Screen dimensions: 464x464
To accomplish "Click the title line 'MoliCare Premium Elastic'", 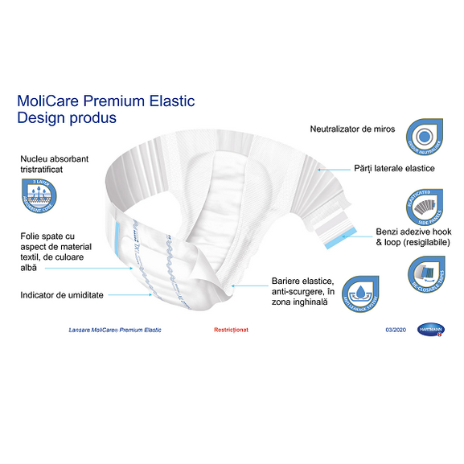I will tap(105, 102).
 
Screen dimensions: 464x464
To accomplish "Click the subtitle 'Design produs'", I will tap(67, 118).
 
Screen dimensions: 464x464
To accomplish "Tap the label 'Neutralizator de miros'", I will tap(353, 129).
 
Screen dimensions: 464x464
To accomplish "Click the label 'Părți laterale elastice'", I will tap(395, 168).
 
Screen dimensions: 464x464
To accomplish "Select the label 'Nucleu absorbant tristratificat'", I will tap(55, 165).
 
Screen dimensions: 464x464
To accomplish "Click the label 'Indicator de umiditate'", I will tap(62, 295).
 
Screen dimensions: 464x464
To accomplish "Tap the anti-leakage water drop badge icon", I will tap(361, 293).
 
